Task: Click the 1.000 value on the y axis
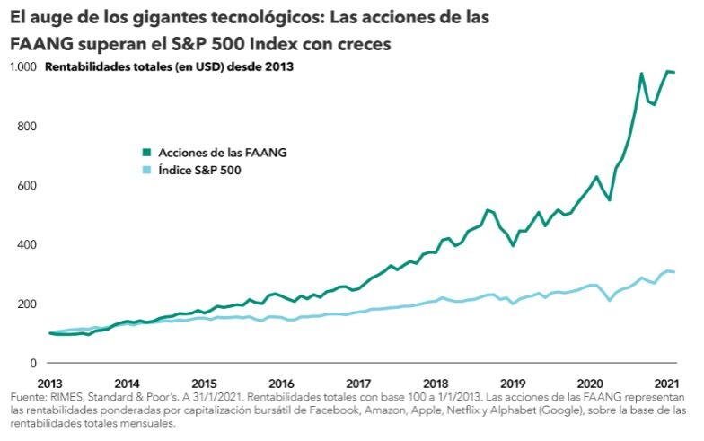click(x=22, y=66)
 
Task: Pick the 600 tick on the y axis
click(x=27, y=185)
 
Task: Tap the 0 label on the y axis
click(x=32, y=363)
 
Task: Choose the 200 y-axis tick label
click(x=27, y=304)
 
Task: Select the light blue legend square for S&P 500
click(x=145, y=170)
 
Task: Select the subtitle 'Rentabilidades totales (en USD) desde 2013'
click(x=170, y=66)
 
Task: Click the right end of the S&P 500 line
click(x=675, y=272)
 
